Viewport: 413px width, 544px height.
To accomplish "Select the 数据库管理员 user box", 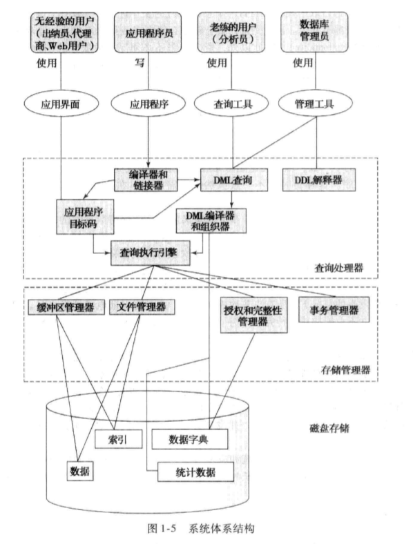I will [x=311, y=32].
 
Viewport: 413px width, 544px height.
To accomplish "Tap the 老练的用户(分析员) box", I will [x=230, y=32].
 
